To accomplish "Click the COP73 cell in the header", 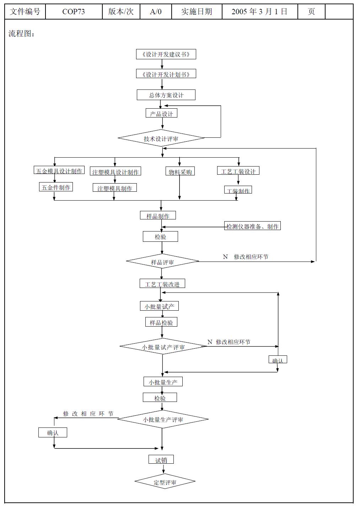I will [74, 12].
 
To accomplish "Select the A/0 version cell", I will [156, 12].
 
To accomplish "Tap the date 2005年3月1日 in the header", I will [259, 12].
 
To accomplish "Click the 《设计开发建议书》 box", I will [166, 54].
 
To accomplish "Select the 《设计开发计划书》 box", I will [166, 74].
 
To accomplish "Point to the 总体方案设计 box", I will [166, 95].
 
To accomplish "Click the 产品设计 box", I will [161, 114].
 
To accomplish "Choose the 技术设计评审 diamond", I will [161, 138].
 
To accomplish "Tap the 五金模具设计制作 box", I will [59, 171].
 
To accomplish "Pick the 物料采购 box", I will [180, 172].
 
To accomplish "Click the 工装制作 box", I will [238, 191].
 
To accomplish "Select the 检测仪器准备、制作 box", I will [253, 226].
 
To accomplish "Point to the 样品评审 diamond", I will [162, 262].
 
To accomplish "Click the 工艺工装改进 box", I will [162, 284].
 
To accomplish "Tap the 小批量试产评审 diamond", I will [163, 347].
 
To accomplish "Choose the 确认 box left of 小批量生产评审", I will [53, 432].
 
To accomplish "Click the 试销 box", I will [161, 460].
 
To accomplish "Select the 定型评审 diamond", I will [165, 482].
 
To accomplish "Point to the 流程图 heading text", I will [21, 34].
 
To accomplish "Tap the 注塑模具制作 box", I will [114, 188].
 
